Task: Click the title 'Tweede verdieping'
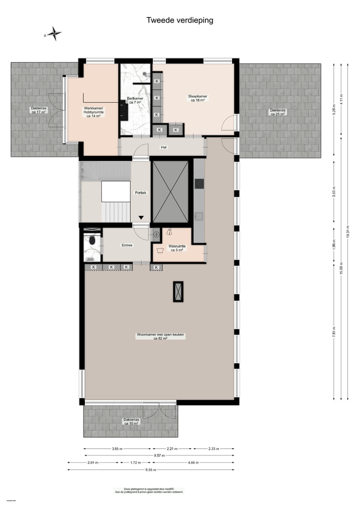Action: point(179,20)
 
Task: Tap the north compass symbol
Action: point(53,34)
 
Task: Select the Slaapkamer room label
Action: point(197,98)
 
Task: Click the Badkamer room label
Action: point(135,100)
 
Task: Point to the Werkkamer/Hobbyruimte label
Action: point(93,112)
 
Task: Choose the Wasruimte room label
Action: point(177,248)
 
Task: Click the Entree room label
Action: point(127,245)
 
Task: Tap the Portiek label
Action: point(140,193)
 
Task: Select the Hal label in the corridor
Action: point(163,147)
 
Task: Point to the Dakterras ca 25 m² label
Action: point(277,112)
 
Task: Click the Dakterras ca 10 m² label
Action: point(131,422)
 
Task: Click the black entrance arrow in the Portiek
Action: point(141,217)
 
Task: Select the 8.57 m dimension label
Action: point(158,456)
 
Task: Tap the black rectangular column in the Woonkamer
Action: point(178,291)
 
